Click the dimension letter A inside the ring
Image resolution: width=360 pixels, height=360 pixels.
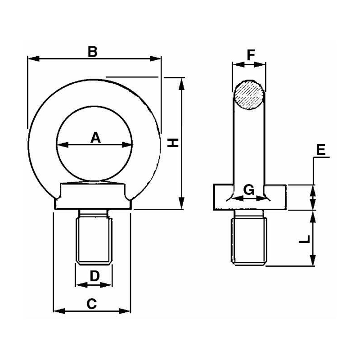[x=95, y=138]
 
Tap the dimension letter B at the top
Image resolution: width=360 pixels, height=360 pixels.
[x=92, y=51]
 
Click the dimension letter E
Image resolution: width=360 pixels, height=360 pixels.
[x=321, y=150]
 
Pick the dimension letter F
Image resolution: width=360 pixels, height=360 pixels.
[x=250, y=55]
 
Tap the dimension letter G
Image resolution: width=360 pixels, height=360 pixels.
[x=248, y=190]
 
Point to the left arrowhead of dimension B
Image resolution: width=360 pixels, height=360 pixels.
[x=31, y=58]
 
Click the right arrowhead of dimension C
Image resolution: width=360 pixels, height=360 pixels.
[x=127, y=310]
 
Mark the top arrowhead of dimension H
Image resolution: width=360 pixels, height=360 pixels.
[x=182, y=81]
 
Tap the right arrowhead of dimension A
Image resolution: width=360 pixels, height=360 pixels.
[x=130, y=145]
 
